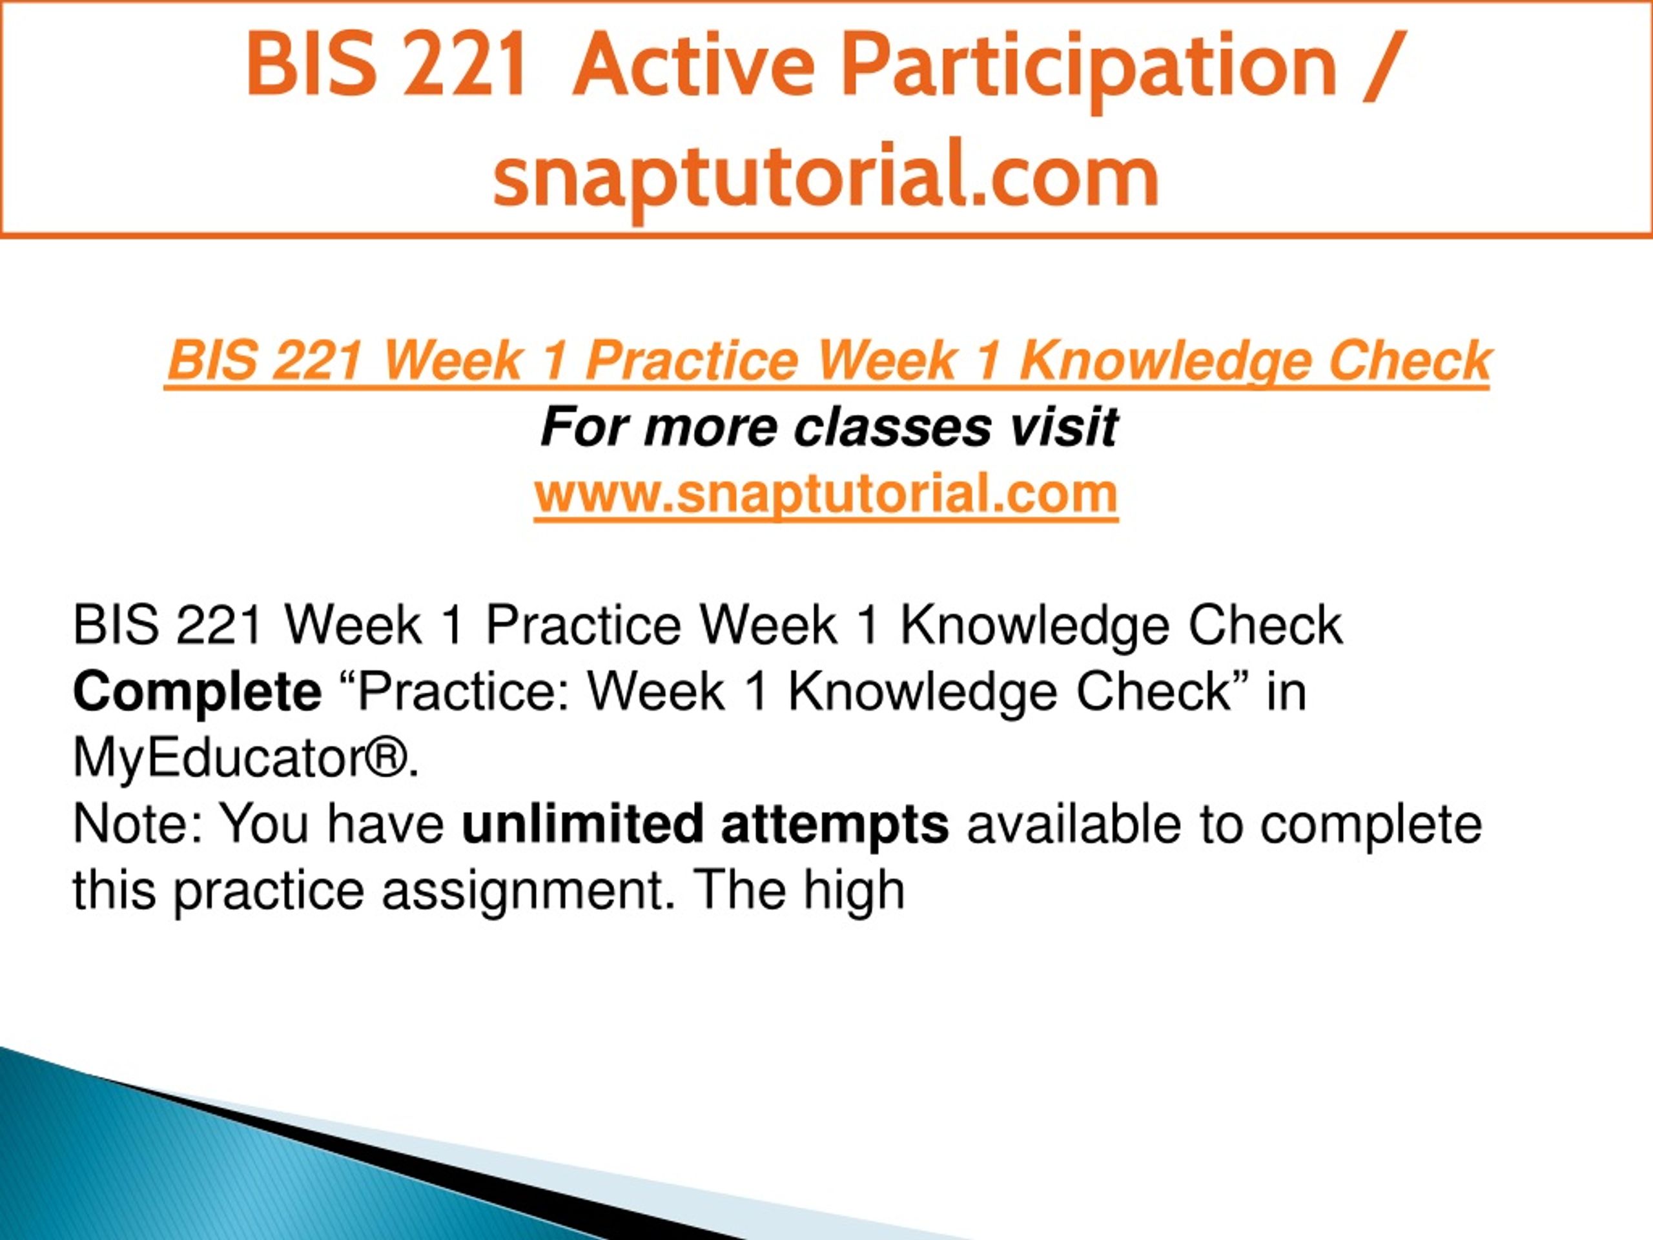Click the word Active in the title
coord(694,67)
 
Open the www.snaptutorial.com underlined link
coord(826,494)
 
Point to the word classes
coord(892,428)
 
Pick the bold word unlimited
coord(583,825)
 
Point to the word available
coord(1074,825)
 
